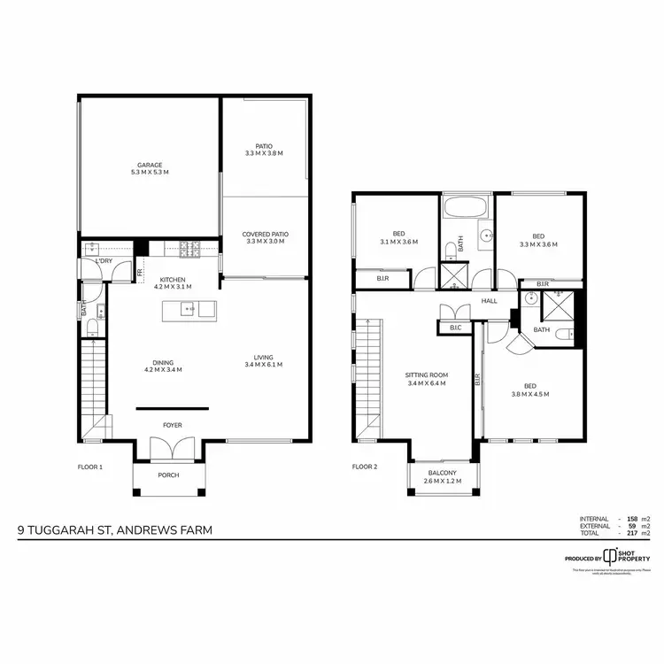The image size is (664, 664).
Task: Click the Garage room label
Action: point(149,168)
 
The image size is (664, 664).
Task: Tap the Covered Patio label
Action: point(266,238)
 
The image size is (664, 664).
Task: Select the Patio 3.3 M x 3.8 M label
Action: point(265,151)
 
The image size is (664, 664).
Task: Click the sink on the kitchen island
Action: point(188,309)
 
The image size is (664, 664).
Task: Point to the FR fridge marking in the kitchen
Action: point(139,273)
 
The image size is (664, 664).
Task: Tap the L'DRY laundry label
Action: point(103,261)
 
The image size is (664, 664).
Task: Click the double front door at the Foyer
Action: point(171,449)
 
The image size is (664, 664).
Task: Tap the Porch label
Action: point(168,475)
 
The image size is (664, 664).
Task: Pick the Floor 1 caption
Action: point(89,466)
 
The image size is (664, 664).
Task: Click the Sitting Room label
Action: point(425,379)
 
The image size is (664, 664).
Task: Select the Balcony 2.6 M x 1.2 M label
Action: point(448,477)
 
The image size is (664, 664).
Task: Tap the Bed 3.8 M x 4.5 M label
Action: point(529,390)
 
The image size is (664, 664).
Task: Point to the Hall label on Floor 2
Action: point(489,301)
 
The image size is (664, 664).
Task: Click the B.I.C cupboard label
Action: point(455,328)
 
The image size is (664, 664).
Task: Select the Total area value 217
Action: point(631,534)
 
